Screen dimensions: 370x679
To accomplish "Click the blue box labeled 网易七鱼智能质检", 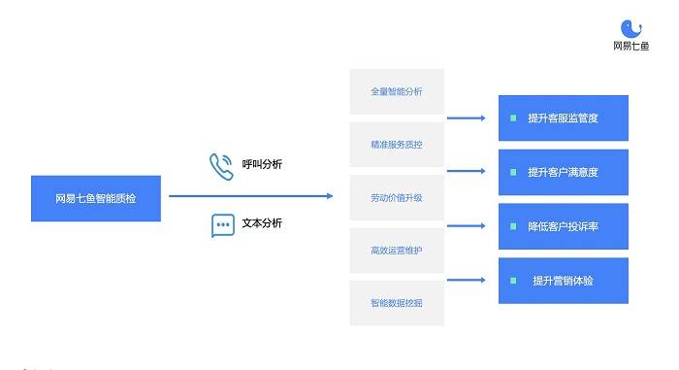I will pyautogui.click(x=96, y=198).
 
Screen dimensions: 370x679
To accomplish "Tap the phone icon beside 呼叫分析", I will pyautogui.click(x=221, y=166).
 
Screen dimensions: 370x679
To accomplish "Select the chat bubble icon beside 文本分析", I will pyautogui.click(x=223, y=225).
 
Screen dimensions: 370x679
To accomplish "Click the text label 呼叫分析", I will pyautogui.click(x=262, y=164).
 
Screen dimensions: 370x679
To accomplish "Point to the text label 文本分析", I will pyautogui.click(x=262, y=223).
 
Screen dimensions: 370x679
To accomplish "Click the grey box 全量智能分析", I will pyautogui.click(x=396, y=92).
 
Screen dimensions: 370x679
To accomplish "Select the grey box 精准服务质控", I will pyautogui.click(x=396, y=145).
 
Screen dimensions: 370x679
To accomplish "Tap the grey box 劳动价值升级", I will pyautogui.click(x=396, y=198).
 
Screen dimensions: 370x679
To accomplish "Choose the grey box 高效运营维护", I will pyautogui.click(x=396, y=251).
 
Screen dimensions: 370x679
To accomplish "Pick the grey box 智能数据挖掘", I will pyautogui.click(x=396, y=303).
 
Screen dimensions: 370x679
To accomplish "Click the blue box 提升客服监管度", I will pyautogui.click(x=564, y=118).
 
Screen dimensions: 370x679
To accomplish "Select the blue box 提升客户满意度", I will pyautogui.click(x=564, y=172).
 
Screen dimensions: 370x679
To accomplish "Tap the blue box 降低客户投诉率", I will pyautogui.click(x=564, y=226).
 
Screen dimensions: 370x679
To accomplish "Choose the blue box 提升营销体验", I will pyautogui.click(x=564, y=281).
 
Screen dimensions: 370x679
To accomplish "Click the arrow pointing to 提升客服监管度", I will pyautogui.click(x=466, y=118).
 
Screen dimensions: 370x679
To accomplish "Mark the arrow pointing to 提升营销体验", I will pyautogui.click(x=466, y=280).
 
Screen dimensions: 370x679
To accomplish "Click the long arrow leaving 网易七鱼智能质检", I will pyautogui.click(x=250, y=196).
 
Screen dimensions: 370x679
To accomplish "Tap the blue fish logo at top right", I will pyautogui.click(x=631, y=29).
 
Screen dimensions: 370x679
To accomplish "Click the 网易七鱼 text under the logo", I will pyautogui.click(x=631, y=46).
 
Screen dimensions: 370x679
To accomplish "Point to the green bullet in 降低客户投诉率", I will pyautogui.click(x=513, y=226).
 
